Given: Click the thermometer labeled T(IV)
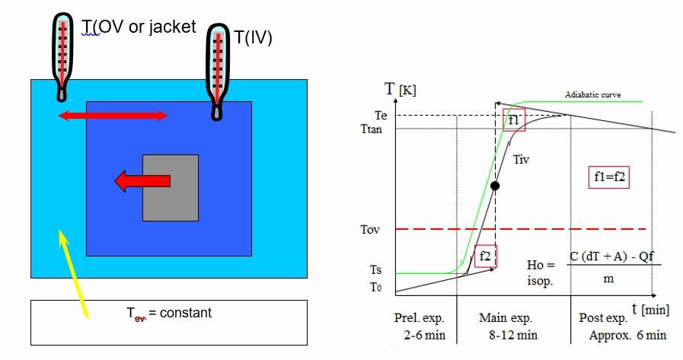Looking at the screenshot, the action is pyautogui.click(x=217, y=72).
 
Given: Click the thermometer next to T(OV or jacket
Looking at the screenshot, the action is pyautogui.click(x=62, y=57).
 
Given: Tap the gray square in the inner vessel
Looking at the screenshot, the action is pyautogui.click(x=171, y=188).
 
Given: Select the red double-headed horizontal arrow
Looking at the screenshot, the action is pyautogui.click(x=113, y=116).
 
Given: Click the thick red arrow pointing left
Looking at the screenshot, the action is pyautogui.click(x=142, y=181).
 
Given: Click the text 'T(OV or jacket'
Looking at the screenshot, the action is pyautogui.click(x=139, y=27).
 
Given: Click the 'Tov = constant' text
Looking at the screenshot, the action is pyautogui.click(x=169, y=313).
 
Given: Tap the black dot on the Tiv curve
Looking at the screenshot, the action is pyautogui.click(x=495, y=186).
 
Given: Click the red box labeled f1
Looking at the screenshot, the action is pyautogui.click(x=514, y=119).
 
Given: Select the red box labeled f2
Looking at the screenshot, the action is pyautogui.click(x=486, y=256).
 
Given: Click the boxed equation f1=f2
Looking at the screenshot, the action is pyautogui.click(x=609, y=177).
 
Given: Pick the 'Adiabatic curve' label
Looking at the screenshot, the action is pyautogui.click(x=593, y=94).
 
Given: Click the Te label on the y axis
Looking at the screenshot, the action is pyautogui.click(x=381, y=116).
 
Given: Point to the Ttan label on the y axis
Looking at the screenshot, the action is pyautogui.click(x=372, y=129).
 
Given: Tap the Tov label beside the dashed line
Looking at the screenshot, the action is pyautogui.click(x=370, y=229).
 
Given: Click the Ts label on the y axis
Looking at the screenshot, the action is pyautogui.click(x=376, y=270).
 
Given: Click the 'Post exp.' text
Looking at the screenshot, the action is pyautogui.click(x=603, y=318).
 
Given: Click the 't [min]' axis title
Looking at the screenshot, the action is pyautogui.click(x=650, y=309).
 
